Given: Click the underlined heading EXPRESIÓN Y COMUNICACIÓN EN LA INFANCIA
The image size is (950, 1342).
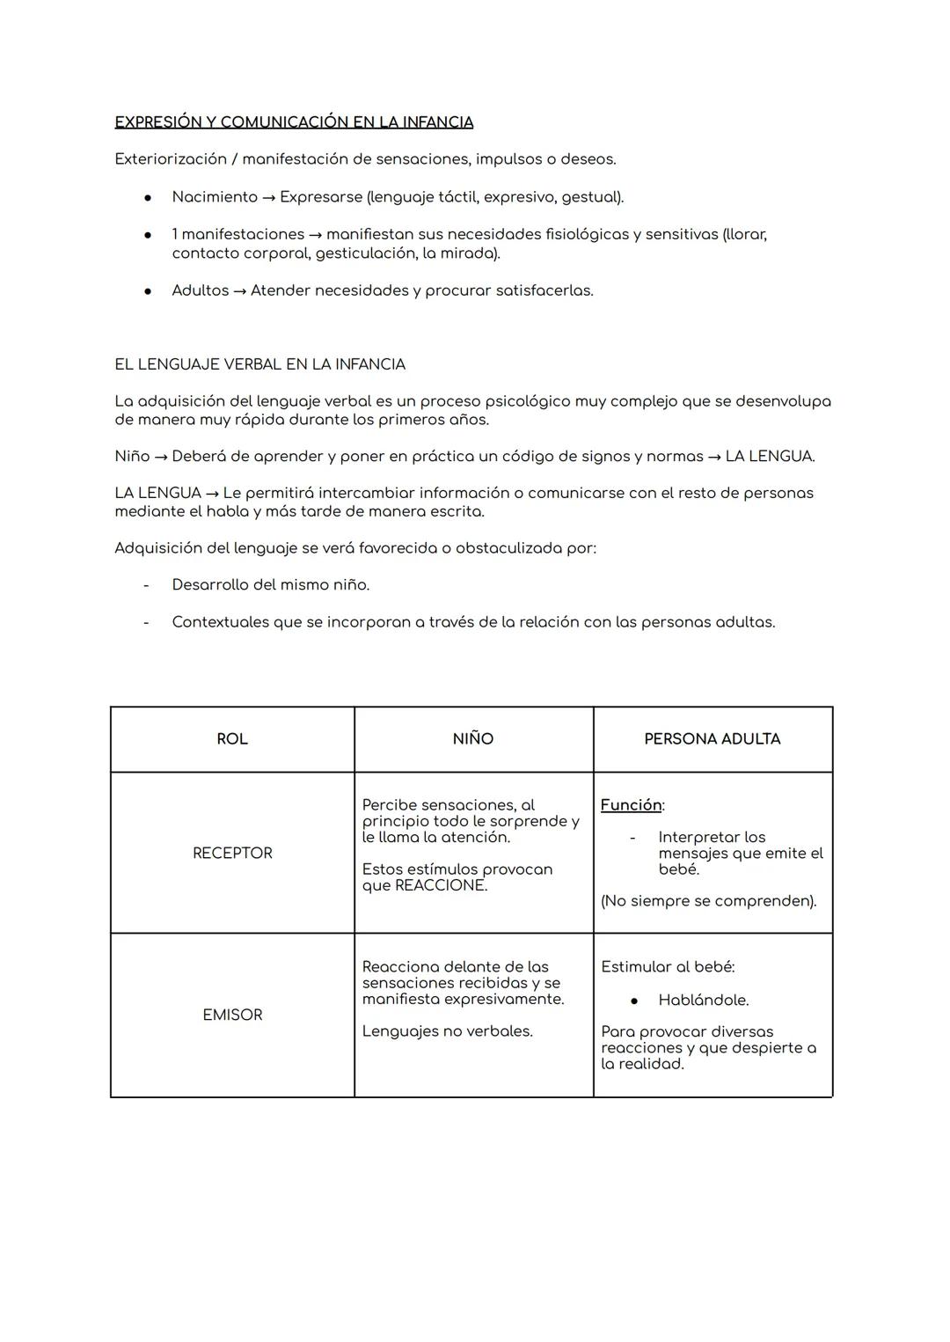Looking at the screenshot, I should (294, 122).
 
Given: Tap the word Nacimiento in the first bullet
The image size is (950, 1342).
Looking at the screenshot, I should (215, 197).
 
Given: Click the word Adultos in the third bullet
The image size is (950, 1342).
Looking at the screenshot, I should (200, 290).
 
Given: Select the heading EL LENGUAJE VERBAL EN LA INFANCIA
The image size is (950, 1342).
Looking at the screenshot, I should (259, 364).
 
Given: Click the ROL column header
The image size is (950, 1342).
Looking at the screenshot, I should (232, 739).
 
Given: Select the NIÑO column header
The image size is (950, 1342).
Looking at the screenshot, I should (473, 739).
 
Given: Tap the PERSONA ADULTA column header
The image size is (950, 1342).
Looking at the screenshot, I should (712, 739).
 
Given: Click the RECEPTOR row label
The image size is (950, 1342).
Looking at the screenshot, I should (232, 853).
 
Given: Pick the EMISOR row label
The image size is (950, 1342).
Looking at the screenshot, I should (232, 1015).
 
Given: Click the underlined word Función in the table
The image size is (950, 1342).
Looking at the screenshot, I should (631, 805).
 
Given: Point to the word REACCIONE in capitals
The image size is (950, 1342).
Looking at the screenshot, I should (441, 885).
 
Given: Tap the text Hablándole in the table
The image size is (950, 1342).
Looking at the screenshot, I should (704, 1001).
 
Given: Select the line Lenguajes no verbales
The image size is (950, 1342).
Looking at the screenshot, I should (447, 1031).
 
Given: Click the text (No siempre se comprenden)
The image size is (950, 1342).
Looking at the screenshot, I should (708, 901).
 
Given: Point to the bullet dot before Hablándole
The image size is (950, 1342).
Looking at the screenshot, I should (633, 1001).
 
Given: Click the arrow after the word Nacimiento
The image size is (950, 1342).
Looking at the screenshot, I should (269, 198).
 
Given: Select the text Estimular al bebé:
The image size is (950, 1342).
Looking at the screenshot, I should (668, 967).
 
